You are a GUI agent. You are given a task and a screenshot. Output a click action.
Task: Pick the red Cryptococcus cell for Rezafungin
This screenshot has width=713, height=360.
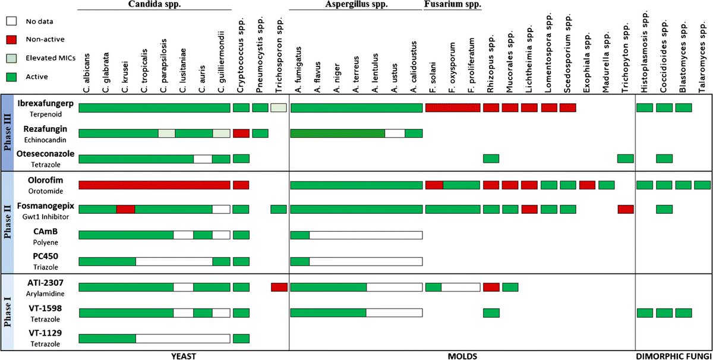241,133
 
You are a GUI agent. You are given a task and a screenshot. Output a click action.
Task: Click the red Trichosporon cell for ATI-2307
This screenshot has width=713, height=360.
279,288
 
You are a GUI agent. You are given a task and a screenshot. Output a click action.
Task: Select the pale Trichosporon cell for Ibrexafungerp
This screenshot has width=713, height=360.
279,108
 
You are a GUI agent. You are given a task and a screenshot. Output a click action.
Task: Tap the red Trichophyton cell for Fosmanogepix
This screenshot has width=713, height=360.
625,209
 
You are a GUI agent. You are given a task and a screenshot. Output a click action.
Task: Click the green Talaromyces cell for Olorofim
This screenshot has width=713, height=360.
702,185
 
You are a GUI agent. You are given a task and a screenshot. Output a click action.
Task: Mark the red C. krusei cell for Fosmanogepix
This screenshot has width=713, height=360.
125,209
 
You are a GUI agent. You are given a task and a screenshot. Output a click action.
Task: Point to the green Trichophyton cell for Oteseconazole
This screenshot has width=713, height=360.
625,159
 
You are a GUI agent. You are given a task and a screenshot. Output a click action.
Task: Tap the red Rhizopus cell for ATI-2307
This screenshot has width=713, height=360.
491,288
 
